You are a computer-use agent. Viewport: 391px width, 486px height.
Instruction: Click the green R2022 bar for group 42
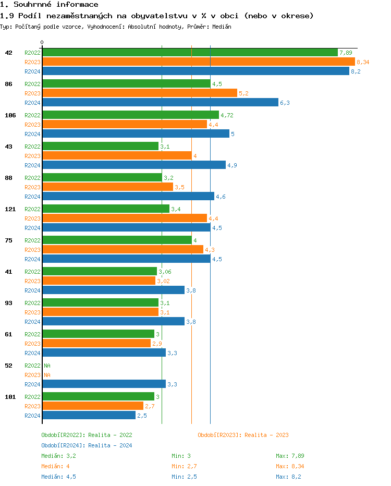point(190,53)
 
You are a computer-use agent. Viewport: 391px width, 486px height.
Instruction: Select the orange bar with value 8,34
point(198,62)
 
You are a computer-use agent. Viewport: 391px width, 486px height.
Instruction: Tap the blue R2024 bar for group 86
point(160,103)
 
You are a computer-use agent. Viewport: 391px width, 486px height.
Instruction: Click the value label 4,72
point(227,115)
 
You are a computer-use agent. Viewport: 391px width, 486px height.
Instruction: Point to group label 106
point(10,115)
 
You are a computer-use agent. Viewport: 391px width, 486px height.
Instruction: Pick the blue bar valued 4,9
point(134,165)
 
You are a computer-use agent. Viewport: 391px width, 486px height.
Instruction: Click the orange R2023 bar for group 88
point(107,187)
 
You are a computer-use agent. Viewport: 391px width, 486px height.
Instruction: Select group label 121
point(10,209)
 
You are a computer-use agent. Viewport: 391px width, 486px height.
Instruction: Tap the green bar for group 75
point(117,240)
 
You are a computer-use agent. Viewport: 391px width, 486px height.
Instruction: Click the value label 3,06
point(165,272)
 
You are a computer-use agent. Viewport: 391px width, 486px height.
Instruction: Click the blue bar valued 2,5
point(89,416)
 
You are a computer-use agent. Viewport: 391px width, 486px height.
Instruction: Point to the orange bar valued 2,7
point(93,406)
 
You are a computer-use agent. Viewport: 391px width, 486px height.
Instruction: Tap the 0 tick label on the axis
point(42,42)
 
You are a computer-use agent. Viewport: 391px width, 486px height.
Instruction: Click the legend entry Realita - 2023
point(243,435)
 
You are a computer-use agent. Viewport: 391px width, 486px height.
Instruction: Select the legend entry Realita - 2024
point(87,445)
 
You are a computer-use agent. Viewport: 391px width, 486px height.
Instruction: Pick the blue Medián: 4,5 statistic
point(58,477)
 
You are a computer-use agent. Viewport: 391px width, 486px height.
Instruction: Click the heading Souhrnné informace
point(49,5)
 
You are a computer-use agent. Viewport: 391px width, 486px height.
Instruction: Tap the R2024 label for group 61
point(32,353)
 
